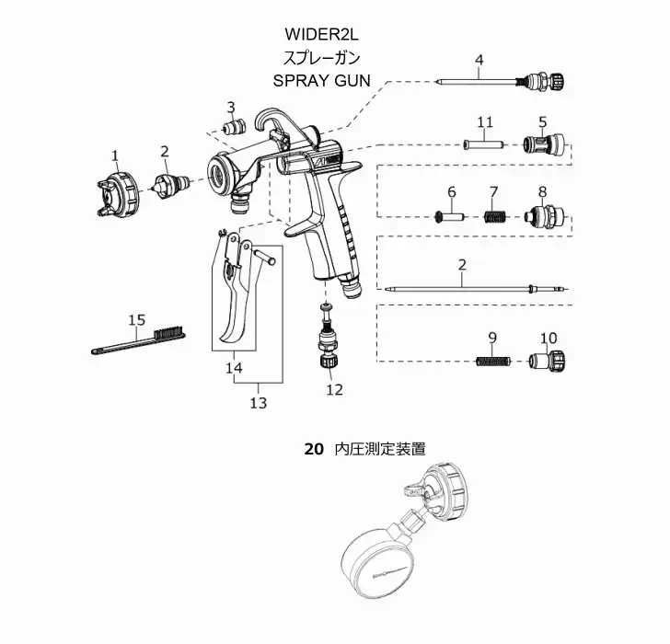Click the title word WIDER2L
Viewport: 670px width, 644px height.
[x=321, y=35]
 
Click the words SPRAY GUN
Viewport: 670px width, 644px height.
[x=321, y=80]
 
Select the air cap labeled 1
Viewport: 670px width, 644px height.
[x=117, y=190]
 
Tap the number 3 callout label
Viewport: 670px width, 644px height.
[x=231, y=107]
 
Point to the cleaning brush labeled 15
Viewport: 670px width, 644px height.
[x=138, y=339]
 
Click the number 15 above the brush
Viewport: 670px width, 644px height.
[x=136, y=320]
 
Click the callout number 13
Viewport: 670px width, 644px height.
[x=258, y=402]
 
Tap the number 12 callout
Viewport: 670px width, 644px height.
[x=333, y=389]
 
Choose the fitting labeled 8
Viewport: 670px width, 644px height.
[x=540, y=218]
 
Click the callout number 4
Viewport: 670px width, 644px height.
[x=479, y=62]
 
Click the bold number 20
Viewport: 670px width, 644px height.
[x=314, y=449]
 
